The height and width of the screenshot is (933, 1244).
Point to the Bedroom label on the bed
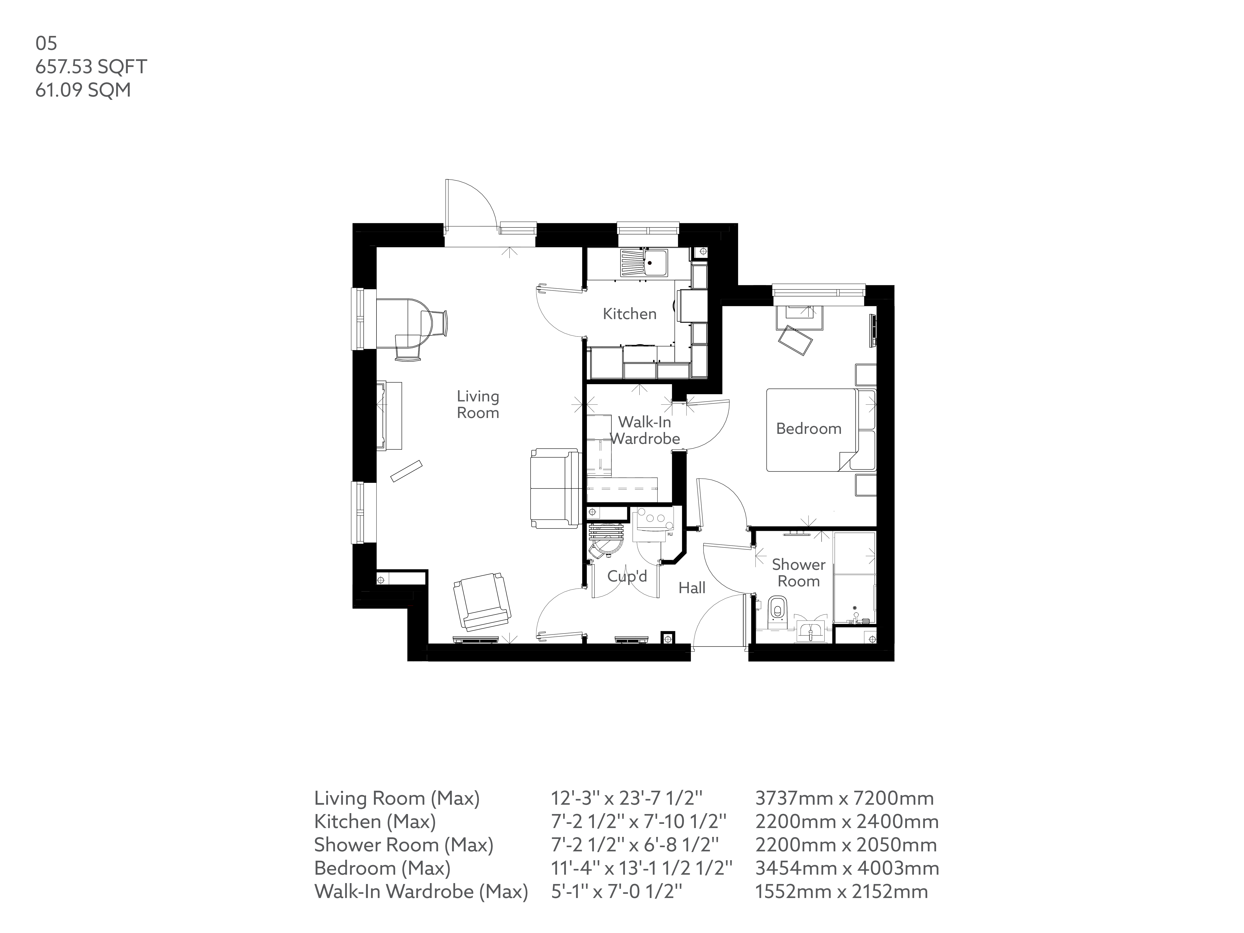tap(809, 428)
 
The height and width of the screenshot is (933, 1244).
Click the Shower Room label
tap(799, 572)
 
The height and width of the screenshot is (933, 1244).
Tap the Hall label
tap(692, 588)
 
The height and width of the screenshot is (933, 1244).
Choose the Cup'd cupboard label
tap(627, 576)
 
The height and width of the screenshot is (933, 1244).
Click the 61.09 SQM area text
tap(83, 90)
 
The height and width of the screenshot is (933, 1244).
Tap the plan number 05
tap(46, 43)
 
